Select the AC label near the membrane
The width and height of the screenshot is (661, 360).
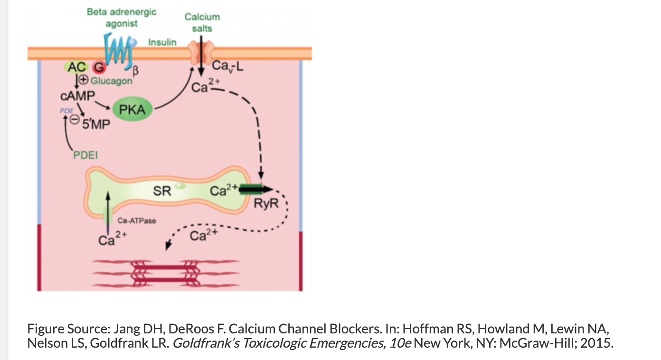(x=76, y=67)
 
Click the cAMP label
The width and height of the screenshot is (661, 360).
(x=78, y=96)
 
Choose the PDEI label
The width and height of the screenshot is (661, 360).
(x=85, y=155)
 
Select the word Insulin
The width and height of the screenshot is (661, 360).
(x=162, y=42)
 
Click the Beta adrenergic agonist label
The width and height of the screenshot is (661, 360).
(x=121, y=18)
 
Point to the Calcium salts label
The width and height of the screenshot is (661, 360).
(x=202, y=22)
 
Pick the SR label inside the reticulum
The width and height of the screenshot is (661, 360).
(x=162, y=192)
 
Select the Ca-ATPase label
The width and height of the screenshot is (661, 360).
(x=137, y=220)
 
